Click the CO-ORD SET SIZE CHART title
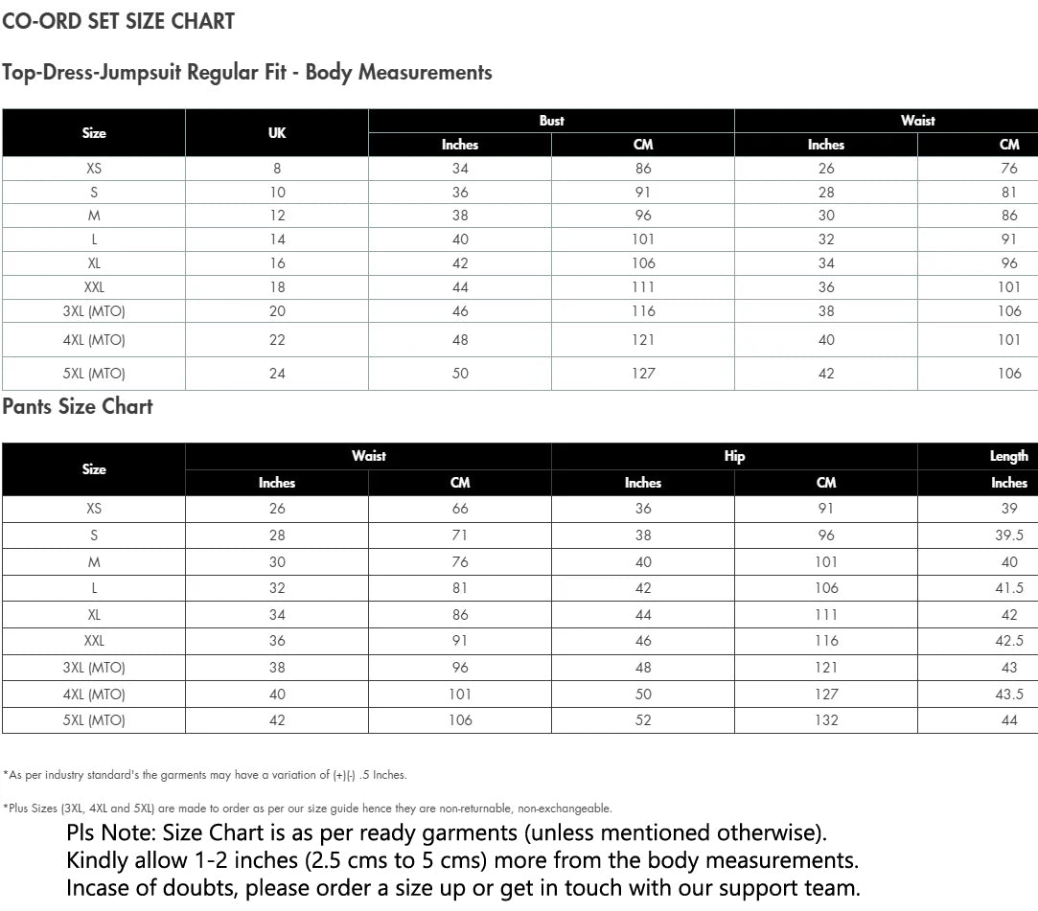[118, 21]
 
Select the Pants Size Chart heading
[78, 406]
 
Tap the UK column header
[277, 133]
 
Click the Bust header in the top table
[551, 121]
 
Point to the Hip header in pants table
[734, 456]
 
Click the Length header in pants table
[1008, 456]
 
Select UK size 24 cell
[277, 374]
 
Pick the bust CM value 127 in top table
[643, 374]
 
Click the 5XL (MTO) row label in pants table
[94, 720]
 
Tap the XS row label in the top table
[94, 169]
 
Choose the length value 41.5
[1009, 588]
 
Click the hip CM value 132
[826, 720]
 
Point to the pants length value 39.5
[1009, 535]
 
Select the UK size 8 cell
[277, 169]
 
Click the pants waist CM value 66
[460, 509]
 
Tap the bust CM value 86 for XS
[643, 169]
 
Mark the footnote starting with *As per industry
[204, 775]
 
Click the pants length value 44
[1009, 720]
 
